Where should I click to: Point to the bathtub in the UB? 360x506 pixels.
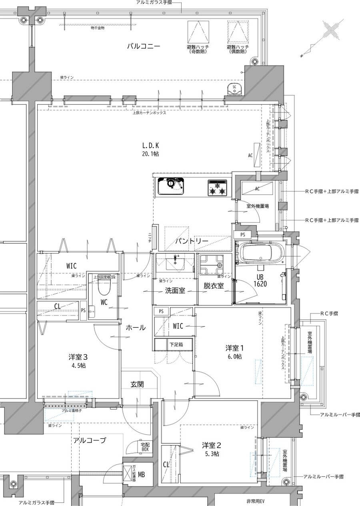coord(260,253)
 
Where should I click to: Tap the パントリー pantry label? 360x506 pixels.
coord(192,241)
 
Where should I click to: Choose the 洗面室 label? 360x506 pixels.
coord(175,291)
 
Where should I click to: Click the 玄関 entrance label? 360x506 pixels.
coord(137,384)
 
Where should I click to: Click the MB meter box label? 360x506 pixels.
coord(142,474)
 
